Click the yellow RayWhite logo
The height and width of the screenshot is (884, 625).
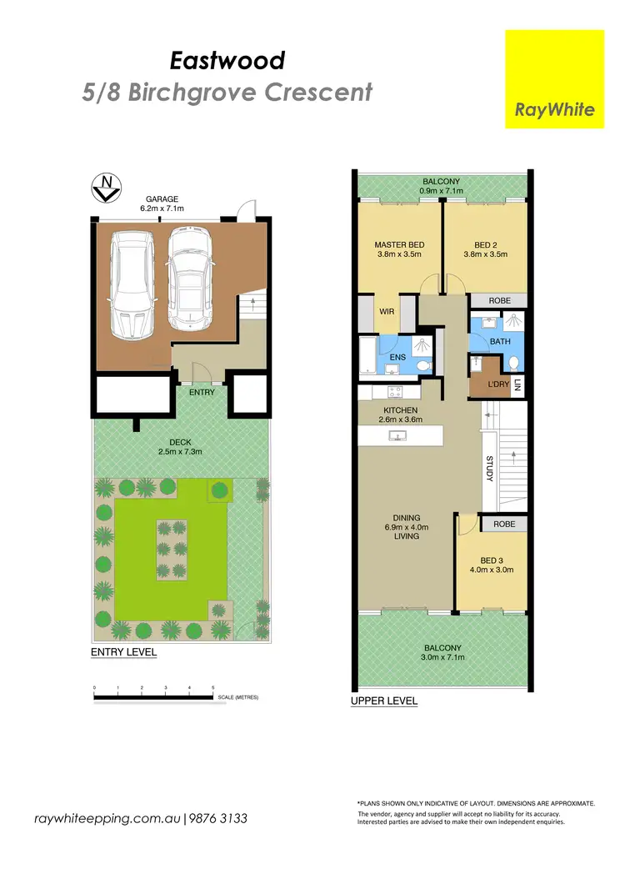554,79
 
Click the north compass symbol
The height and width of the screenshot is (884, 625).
105,188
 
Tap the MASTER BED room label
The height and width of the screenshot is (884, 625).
400,245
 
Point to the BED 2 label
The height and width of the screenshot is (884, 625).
486,245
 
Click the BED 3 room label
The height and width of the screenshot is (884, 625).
491,560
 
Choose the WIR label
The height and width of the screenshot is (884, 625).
386,311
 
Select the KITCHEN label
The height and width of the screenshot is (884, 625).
399,411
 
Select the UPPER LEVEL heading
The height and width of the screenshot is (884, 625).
384,701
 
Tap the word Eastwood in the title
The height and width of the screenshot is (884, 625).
227,60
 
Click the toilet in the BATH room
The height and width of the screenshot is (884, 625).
513,363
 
